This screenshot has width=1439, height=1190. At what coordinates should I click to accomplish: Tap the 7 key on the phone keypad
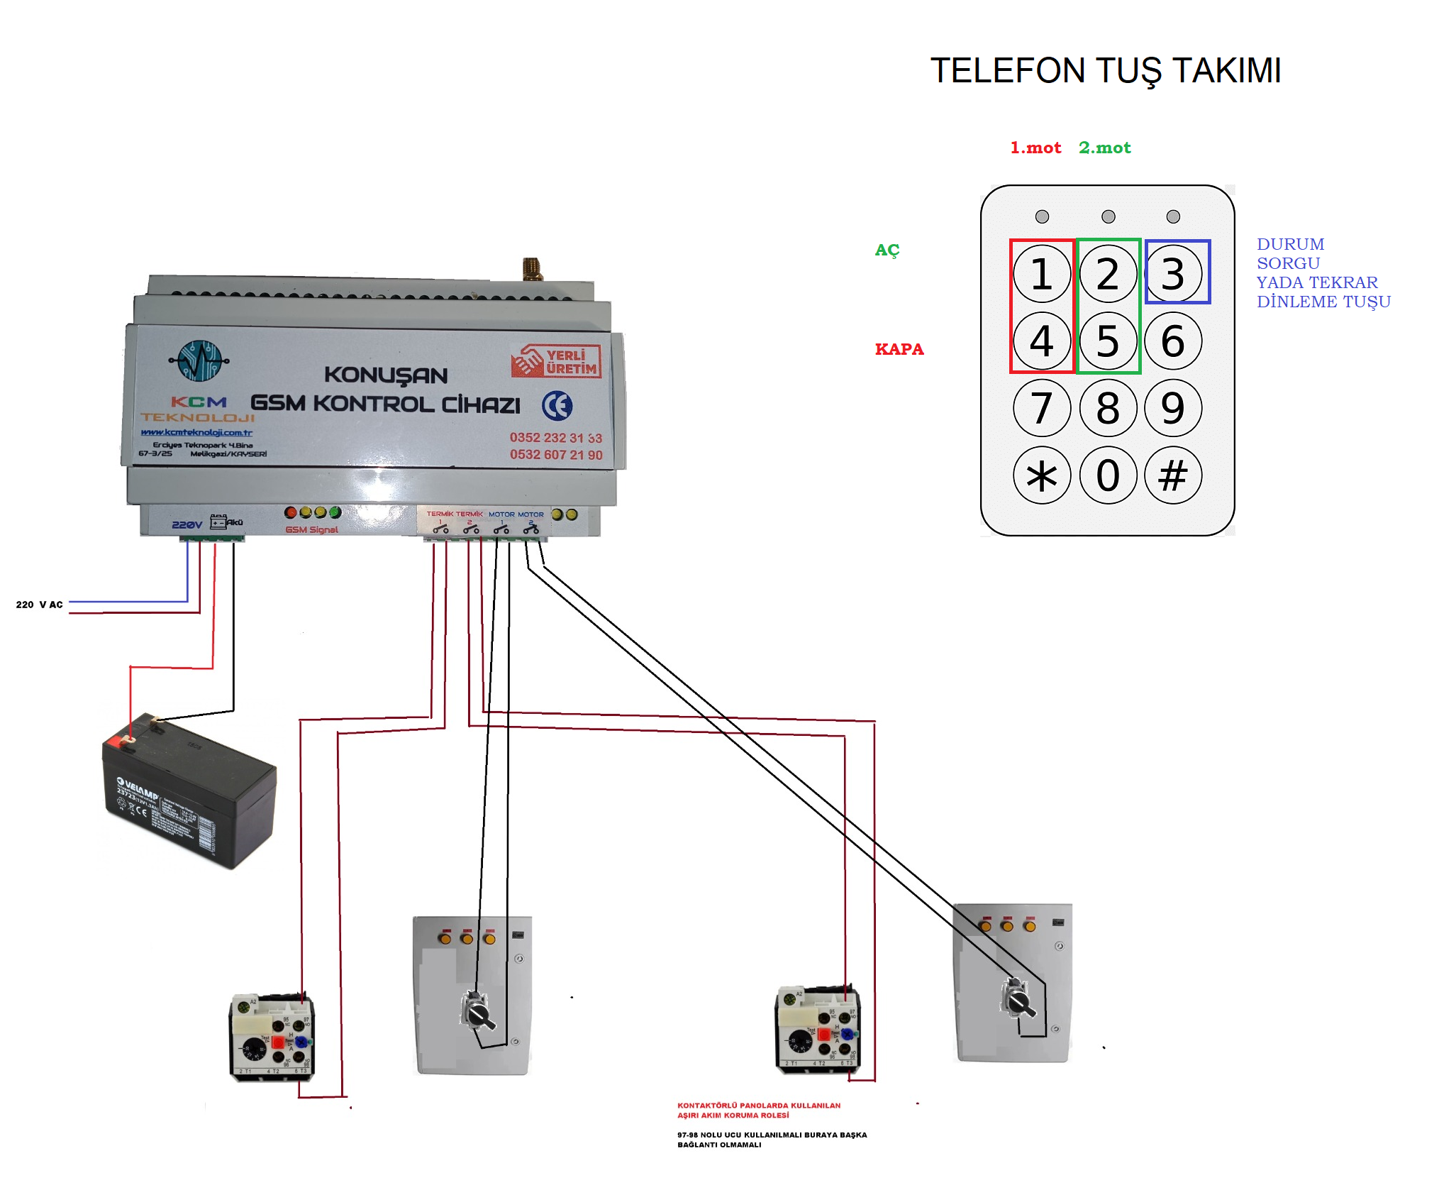(1041, 408)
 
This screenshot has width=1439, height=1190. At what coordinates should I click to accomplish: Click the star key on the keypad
(1041, 475)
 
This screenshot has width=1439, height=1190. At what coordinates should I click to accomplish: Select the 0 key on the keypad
(1108, 475)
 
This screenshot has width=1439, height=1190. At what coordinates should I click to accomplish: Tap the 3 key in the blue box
(1174, 274)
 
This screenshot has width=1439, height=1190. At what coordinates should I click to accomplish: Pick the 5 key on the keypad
(1108, 341)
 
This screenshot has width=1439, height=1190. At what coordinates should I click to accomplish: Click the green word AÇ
(887, 250)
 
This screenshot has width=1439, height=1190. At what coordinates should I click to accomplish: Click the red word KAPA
(899, 349)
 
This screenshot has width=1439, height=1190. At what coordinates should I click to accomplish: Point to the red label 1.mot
(1035, 148)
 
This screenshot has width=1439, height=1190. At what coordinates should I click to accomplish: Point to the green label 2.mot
(1105, 148)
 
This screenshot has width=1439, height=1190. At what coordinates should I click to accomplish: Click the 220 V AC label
(40, 605)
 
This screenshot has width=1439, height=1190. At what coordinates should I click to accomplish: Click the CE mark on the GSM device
(557, 406)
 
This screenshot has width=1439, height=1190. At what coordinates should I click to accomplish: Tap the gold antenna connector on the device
(532, 269)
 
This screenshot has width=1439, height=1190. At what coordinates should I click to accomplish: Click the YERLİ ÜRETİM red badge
(556, 361)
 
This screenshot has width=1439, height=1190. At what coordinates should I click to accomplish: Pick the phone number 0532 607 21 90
(556, 455)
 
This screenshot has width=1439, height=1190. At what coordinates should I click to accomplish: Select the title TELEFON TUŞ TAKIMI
(1106, 71)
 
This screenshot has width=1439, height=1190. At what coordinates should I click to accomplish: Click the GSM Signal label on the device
(311, 529)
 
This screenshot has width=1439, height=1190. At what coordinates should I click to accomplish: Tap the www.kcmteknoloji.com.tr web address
(196, 432)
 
